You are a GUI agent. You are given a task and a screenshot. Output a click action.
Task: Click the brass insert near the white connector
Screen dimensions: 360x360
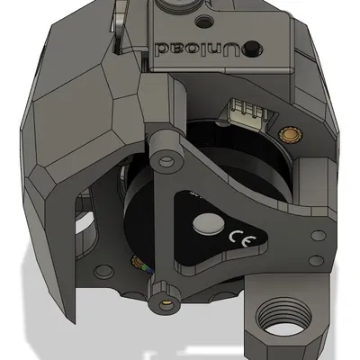tap(289, 133)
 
